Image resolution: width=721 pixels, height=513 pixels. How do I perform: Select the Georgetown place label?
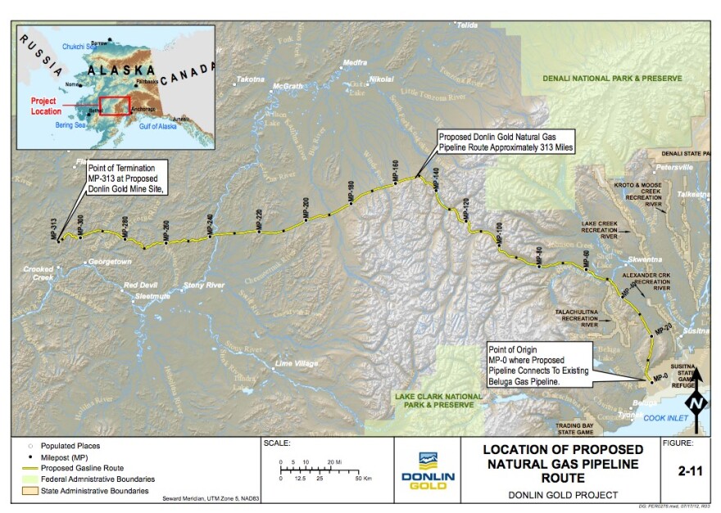click(112, 262)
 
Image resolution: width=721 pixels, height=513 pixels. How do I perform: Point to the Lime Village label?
click(295, 363)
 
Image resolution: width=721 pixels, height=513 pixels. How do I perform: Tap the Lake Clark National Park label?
click(434, 400)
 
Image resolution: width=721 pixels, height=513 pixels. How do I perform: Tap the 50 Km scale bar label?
click(360, 477)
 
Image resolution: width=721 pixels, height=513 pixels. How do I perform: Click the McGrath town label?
click(288, 86)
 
